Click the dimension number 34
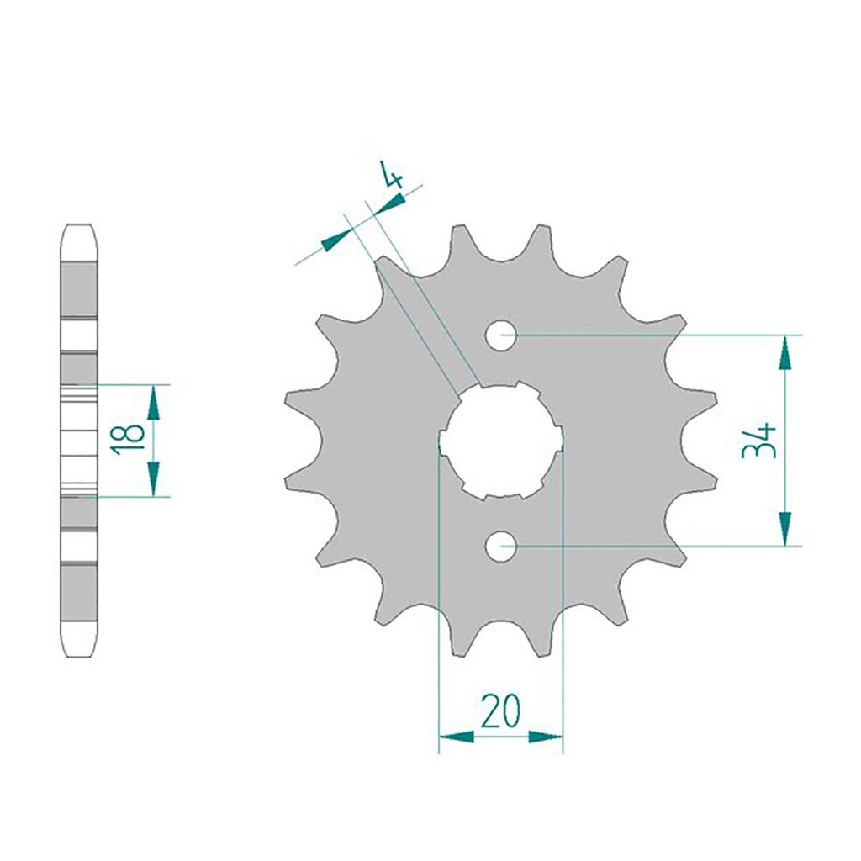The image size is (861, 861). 758,440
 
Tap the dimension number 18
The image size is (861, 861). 128,440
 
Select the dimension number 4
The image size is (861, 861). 393,176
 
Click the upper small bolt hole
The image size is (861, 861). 501,335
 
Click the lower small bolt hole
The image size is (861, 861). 501,547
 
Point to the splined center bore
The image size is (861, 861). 501,439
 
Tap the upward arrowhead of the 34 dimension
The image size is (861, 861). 786,353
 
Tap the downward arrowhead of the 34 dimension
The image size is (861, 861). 786,528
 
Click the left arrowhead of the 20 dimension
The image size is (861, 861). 457,737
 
